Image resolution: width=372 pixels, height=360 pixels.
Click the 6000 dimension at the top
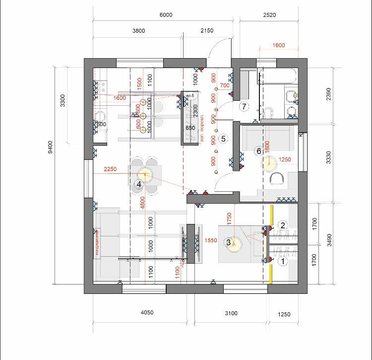(166, 15)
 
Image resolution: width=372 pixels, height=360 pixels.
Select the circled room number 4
(139, 184)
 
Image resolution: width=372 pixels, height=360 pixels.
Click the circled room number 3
(229, 242)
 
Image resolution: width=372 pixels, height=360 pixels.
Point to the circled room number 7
(244, 106)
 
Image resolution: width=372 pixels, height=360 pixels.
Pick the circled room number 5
(223, 139)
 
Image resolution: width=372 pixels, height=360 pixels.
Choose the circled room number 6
(258, 151)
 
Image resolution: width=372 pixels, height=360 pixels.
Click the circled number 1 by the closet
(283, 260)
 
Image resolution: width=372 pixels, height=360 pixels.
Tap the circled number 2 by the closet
(283, 225)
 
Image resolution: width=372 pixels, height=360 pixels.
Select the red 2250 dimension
(110, 169)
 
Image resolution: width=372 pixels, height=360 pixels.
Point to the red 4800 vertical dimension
(143, 202)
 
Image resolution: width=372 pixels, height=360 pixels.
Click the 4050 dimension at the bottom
(147, 313)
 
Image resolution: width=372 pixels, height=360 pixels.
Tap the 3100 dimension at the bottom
(231, 313)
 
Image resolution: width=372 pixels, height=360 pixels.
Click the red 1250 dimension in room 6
(286, 160)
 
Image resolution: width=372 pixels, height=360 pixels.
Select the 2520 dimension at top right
(268, 15)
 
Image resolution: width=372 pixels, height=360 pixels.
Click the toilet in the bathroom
(268, 113)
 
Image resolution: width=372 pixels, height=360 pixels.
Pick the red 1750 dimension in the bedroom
(229, 219)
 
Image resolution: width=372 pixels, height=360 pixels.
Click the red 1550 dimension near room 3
(211, 240)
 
